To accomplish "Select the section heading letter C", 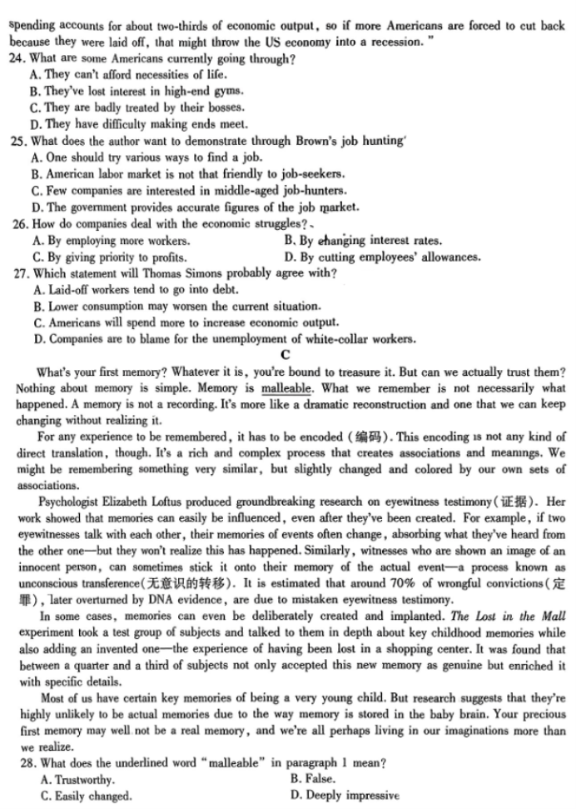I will point(287,356).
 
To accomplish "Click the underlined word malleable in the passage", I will point(286,388).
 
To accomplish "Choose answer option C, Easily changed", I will point(86,796).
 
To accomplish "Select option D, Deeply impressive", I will point(345,796).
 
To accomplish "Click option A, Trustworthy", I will point(78,779).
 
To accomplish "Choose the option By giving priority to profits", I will point(111,257).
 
